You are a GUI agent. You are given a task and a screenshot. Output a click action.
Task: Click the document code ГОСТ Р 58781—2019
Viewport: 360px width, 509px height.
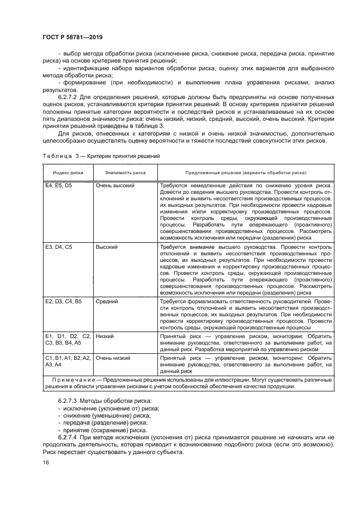pos(72,37)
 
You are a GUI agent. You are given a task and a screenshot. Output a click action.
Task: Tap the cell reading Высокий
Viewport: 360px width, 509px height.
pos(107,247)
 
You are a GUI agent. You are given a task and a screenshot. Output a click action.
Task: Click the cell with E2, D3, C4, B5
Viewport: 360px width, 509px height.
pos(63,301)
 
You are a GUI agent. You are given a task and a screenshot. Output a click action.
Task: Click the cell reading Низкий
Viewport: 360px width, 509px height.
pos(105,336)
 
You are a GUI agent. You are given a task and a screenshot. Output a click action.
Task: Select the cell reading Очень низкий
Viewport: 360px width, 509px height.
pos(113,359)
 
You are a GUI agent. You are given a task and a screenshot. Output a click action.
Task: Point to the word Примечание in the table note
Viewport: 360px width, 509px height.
pos(72,379)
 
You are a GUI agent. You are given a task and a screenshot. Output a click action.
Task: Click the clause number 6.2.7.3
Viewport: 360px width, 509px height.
pos(68,401)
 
